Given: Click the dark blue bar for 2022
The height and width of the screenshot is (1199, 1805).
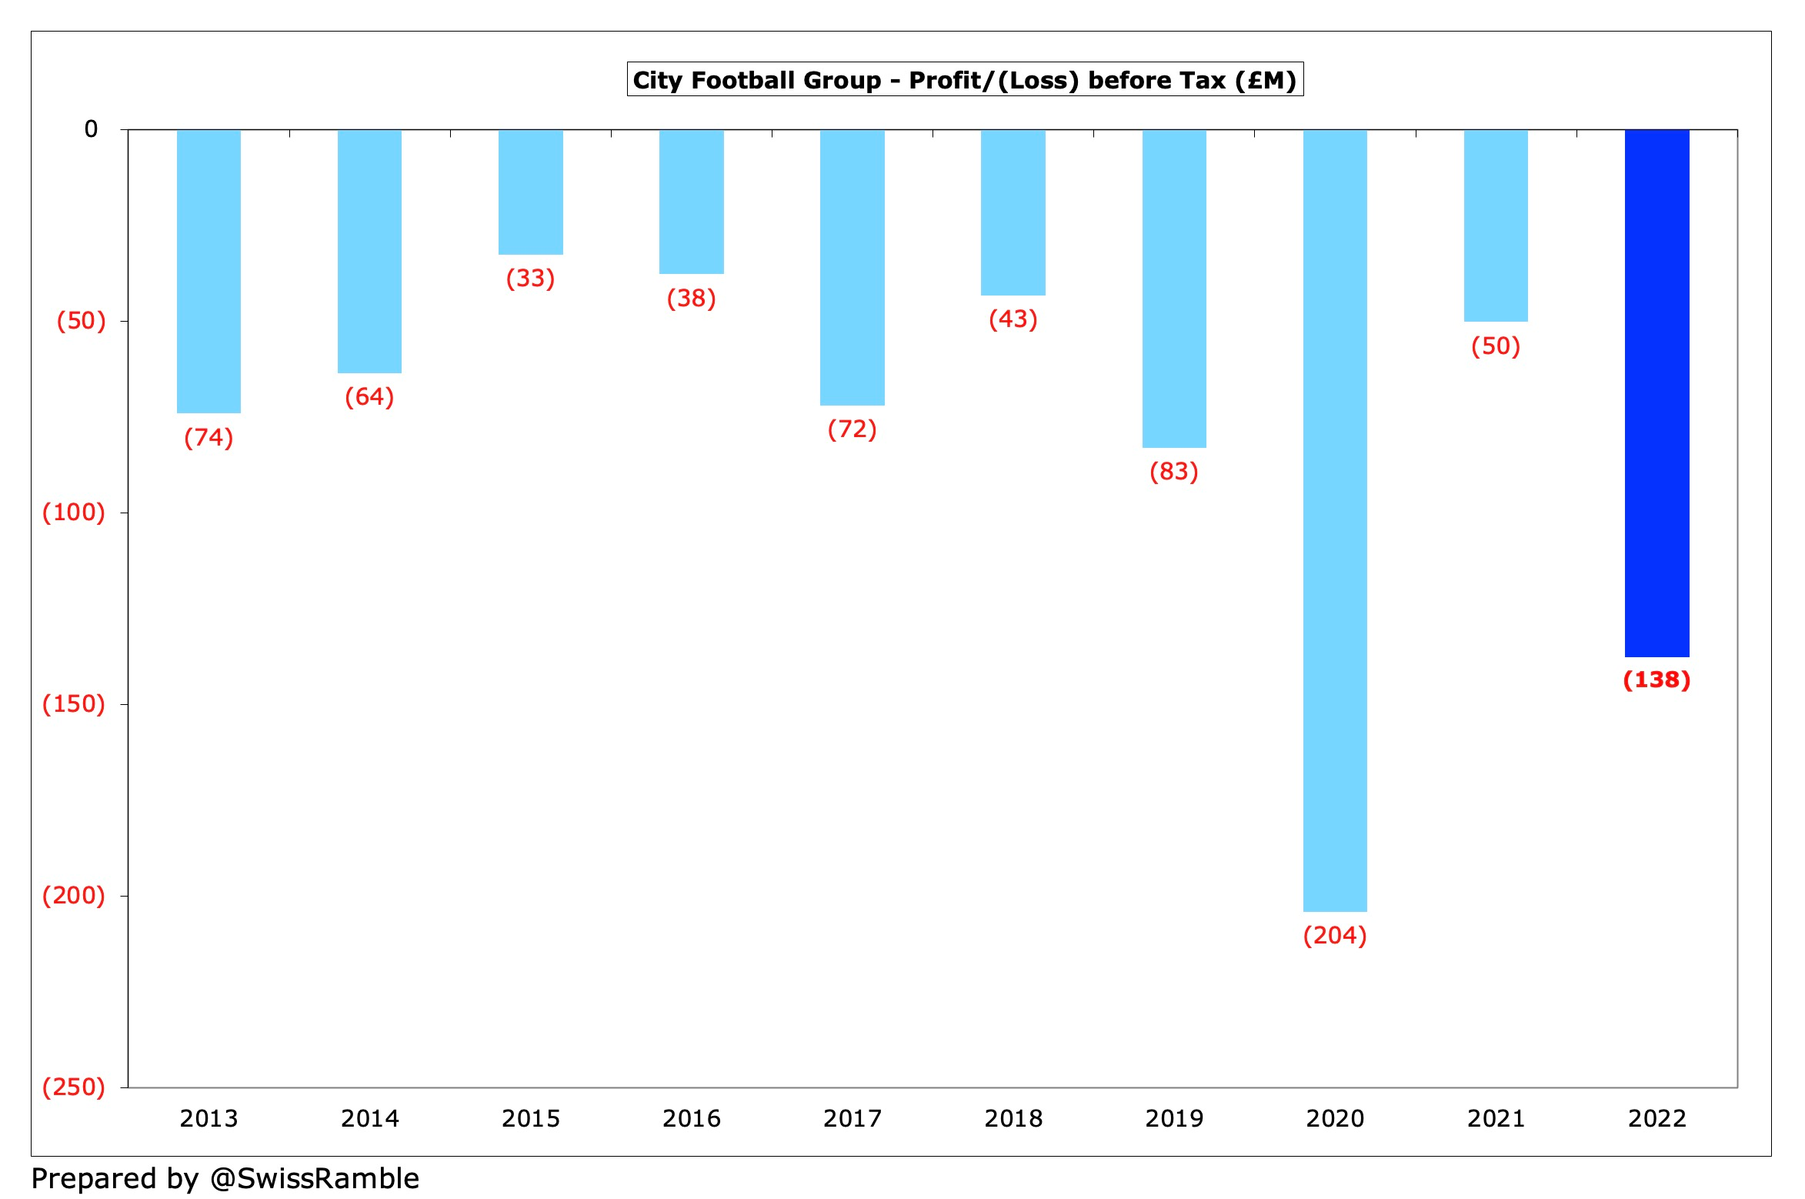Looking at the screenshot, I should (x=1657, y=392).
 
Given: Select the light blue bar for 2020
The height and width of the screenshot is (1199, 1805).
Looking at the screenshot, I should (x=1335, y=520).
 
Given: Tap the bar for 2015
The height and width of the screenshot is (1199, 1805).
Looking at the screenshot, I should (x=530, y=192).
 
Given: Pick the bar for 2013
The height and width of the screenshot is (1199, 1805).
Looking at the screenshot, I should (x=209, y=271).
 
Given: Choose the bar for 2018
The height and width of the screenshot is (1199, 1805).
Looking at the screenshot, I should (x=1013, y=212).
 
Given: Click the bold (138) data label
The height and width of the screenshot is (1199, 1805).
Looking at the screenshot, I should (x=1657, y=680).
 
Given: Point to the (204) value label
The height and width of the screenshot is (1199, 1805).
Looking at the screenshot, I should (x=1335, y=935).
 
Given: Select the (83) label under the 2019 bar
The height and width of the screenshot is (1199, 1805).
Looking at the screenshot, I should (x=1173, y=471).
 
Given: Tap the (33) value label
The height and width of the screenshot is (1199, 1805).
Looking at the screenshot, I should (x=530, y=278).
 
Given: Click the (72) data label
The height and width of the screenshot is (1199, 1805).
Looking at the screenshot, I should (x=852, y=429).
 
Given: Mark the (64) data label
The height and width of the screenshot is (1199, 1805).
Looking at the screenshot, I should (x=369, y=396).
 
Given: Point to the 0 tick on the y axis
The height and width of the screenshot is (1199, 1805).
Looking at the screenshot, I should (x=91, y=129).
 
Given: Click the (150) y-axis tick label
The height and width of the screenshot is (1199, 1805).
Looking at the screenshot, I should (x=74, y=703).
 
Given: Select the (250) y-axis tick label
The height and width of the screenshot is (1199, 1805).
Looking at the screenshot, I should (x=74, y=1087).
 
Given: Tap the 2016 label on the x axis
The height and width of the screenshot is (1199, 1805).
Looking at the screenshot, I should (x=691, y=1118).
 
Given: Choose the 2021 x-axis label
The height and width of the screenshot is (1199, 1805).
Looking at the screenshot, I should (x=1496, y=1118).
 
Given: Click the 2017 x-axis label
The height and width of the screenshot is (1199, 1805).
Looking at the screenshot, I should (x=852, y=1118).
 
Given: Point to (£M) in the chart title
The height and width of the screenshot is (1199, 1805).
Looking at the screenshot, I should (x=1265, y=80).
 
